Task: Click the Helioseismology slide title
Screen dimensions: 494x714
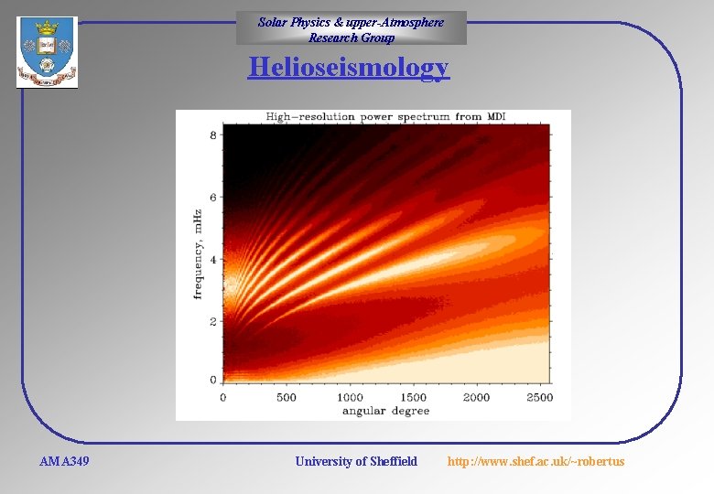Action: tap(348, 69)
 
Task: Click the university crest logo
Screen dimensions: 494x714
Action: tap(47, 52)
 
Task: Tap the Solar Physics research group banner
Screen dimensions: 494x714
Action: tap(351, 28)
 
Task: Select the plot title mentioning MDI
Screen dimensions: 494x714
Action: tap(385, 117)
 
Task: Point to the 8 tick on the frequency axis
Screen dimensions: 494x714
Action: tap(213, 135)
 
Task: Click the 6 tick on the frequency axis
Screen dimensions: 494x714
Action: tap(213, 198)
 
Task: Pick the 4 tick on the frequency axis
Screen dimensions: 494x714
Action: tap(213, 260)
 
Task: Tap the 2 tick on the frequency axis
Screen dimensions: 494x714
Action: tap(213, 322)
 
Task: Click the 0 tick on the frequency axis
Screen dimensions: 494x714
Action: tap(213, 379)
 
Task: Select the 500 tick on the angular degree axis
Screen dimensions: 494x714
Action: tap(286, 398)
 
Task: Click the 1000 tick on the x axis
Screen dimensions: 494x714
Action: tap(350, 398)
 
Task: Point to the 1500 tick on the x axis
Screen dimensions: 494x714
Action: tap(413, 398)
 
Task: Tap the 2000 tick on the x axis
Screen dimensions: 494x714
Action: tap(476, 398)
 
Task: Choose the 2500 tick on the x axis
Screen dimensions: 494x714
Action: tap(539, 398)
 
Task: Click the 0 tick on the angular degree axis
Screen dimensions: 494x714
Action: tap(223, 398)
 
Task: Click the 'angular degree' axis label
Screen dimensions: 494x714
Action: tap(385, 411)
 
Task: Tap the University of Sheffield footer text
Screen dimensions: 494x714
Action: tap(356, 461)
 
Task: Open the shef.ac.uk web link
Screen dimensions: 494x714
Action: tap(535, 461)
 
